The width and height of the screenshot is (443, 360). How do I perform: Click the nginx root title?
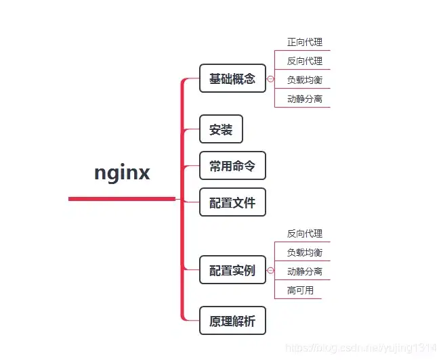[122, 173]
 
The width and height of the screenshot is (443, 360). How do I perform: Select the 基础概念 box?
[232, 78]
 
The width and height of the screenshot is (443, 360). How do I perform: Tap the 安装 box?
[221, 129]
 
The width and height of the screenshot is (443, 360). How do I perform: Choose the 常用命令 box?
[232, 166]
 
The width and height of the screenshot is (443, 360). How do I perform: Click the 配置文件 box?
[232, 202]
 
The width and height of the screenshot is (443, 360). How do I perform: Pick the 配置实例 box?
[232, 270]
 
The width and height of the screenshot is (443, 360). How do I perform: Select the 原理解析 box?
[232, 321]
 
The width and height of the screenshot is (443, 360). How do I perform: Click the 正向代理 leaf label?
[304, 42]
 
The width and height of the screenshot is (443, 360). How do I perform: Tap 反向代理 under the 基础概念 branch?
[304, 61]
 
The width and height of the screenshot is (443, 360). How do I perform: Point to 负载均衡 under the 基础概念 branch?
[304, 80]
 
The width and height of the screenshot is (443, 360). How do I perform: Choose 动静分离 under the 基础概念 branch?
[304, 99]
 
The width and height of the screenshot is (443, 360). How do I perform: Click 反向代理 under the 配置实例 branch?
[304, 233]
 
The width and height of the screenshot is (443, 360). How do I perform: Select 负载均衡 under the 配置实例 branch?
[304, 252]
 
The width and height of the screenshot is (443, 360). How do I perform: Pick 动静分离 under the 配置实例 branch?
[304, 271]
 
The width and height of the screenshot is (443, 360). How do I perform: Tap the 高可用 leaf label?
[299, 290]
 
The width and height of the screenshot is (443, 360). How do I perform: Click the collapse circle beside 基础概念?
[271, 79]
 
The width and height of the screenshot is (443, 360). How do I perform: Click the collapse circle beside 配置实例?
[271, 271]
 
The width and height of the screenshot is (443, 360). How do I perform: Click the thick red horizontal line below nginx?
[122, 199]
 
